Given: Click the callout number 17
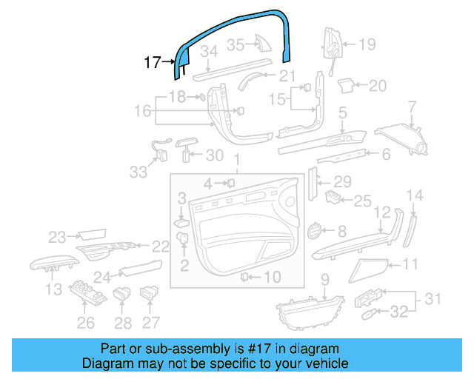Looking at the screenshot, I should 152,63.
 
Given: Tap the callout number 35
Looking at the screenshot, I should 235,44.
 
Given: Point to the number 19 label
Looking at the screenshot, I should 367,44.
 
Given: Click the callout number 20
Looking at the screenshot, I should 378,87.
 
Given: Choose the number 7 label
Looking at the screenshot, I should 413,109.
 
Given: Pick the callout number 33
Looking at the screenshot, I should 138,172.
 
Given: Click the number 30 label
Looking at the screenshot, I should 214,155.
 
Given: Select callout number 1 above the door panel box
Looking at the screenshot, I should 237,161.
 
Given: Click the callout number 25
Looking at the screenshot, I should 362,201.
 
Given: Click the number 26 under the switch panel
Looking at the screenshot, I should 86,323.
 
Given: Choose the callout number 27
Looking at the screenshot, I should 151,323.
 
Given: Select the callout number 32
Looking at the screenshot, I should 399,312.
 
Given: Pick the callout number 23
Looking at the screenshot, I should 58,238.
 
